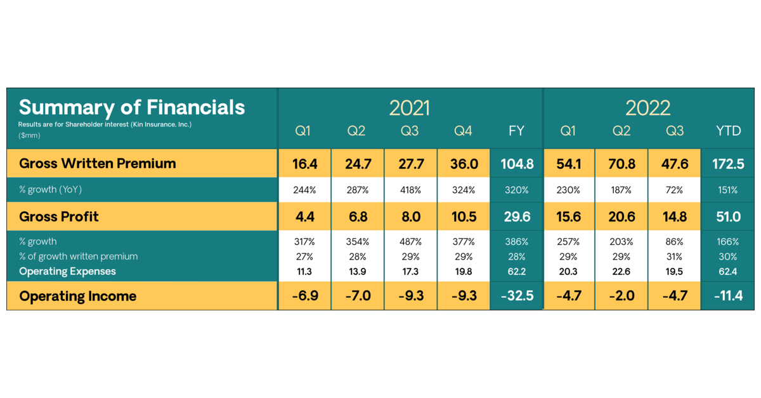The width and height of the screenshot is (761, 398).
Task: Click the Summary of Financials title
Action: click(132, 107)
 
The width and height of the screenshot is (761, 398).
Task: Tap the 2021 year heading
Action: click(410, 108)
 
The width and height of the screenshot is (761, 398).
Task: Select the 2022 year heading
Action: click(648, 108)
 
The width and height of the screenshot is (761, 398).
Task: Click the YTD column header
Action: click(728, 131)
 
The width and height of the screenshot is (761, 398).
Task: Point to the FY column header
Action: click(516, 131)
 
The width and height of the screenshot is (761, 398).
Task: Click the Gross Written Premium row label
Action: click(98, 164)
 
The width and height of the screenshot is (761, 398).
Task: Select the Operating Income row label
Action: click(78, 296)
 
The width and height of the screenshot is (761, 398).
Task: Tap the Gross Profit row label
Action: click(59, 217)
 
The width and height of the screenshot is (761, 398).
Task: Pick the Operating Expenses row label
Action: click(67, 271)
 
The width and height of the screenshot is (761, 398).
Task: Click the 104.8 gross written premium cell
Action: click(516, 164)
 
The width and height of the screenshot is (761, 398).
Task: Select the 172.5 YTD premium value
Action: click(728, 164)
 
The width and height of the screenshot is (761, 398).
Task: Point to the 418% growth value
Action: click(410, 190)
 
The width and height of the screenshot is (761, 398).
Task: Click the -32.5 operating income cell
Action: click(516, 296)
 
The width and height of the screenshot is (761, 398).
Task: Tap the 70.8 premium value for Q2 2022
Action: click(621, 164)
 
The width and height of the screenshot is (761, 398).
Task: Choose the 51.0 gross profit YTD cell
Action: click(728, 217)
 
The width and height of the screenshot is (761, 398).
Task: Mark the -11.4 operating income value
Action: click(728, 296)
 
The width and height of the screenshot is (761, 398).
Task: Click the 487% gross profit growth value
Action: click(410, 241)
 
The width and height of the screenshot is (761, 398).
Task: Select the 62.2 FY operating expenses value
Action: click(516, 271)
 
